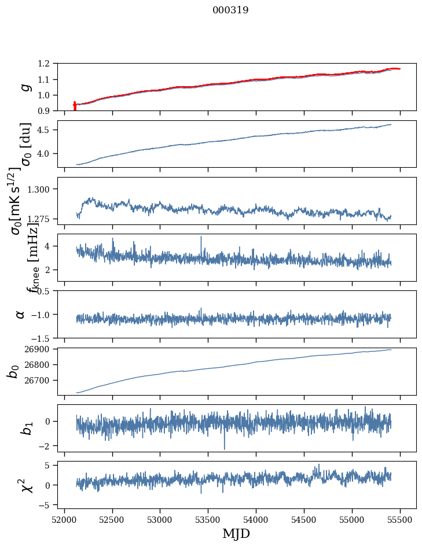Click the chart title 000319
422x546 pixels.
point(230,10)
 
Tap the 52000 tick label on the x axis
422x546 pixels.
point(64,519)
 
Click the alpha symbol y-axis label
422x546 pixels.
point(21,314)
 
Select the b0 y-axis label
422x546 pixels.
point(13,371)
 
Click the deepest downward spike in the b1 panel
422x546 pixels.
point(225,449)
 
